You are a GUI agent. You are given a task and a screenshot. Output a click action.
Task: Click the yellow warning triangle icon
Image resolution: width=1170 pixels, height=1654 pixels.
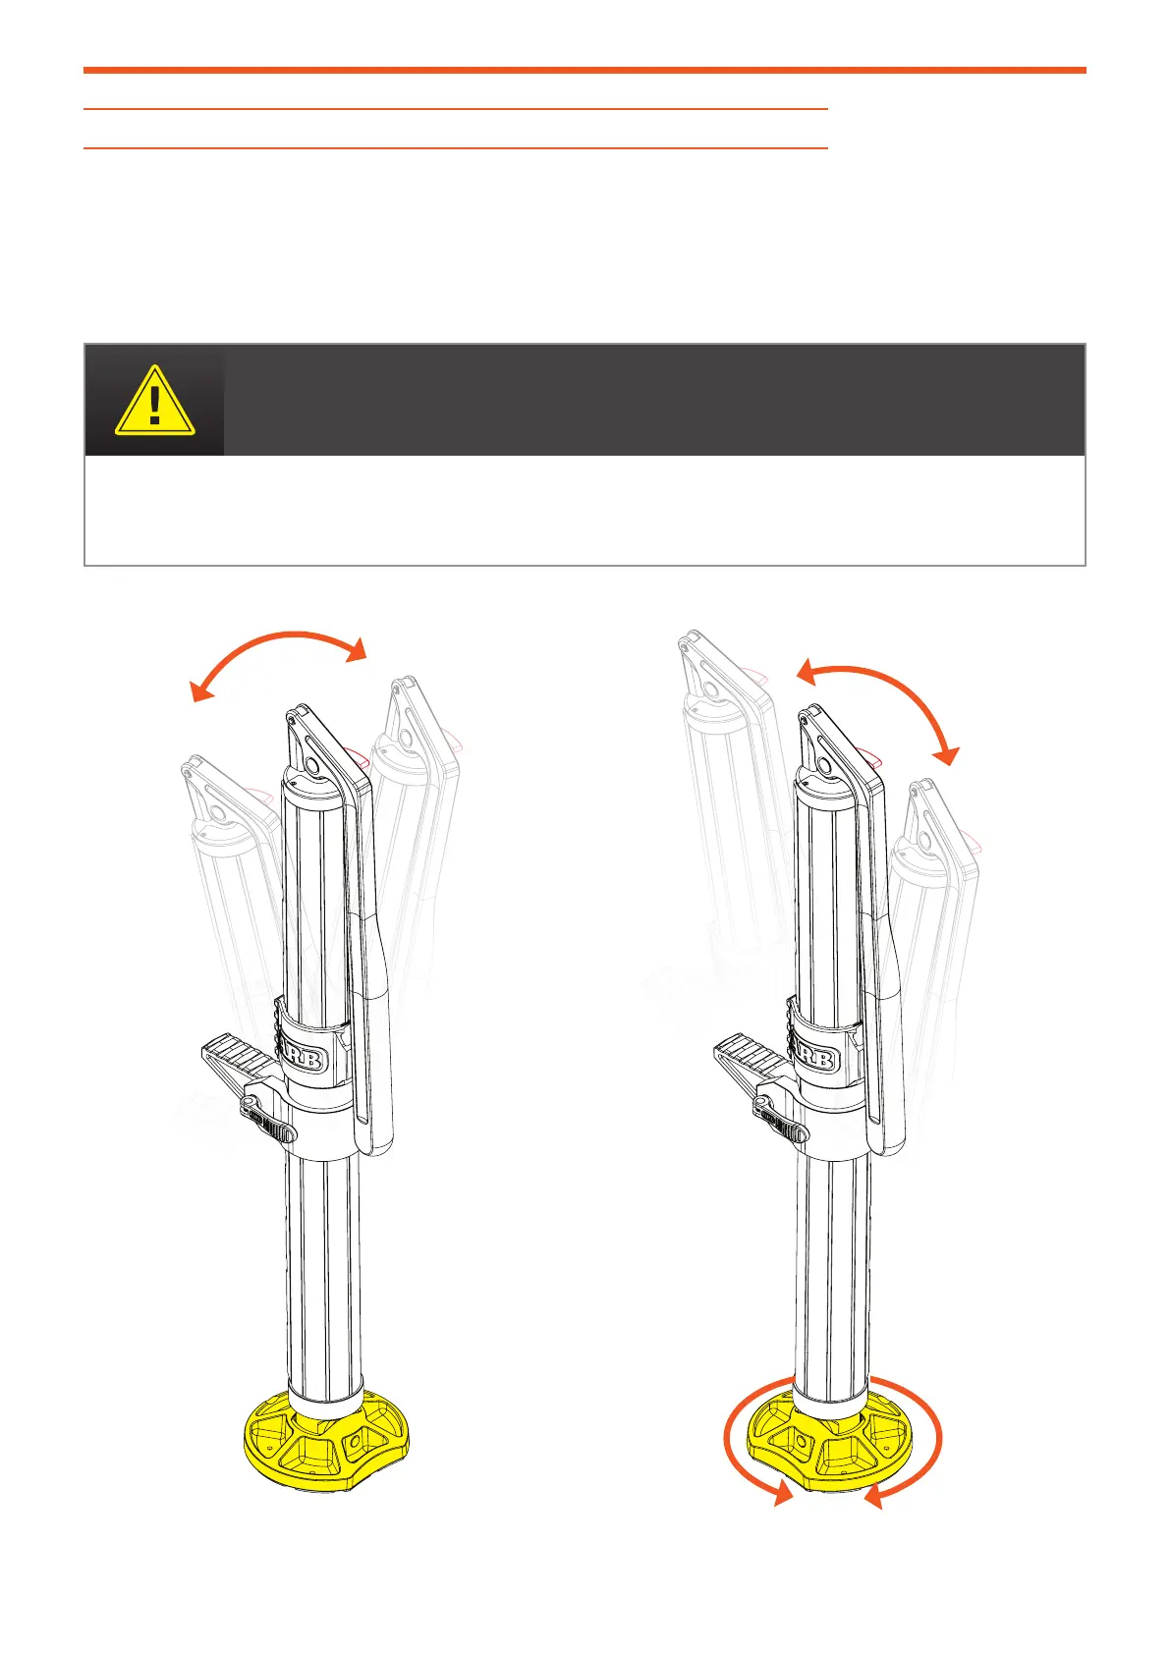[154, 401]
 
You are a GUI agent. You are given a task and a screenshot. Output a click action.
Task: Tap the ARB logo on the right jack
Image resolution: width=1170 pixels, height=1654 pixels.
[814, 1059]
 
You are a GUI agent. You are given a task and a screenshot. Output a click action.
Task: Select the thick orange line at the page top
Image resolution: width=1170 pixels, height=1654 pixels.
[585, 71]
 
